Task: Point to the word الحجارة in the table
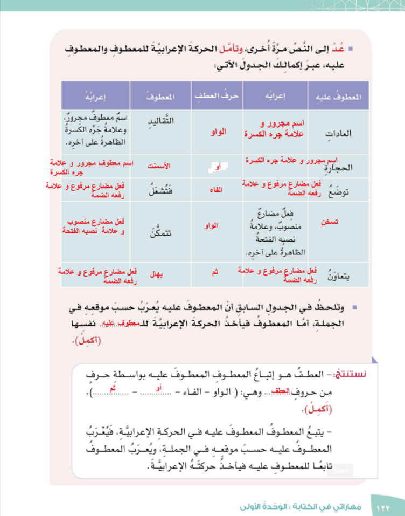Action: click(x=340, y=167)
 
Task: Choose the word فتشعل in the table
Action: click(x=160, y=190)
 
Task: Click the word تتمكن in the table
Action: click(x=160, y=233)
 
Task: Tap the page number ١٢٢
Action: click(x=383, y=507)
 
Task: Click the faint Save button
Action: click(x=341, y=471)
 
